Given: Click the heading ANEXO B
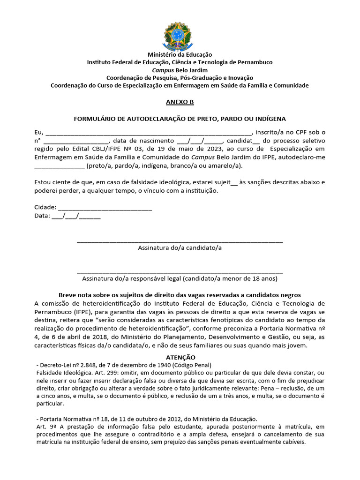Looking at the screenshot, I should (x=180, y=102).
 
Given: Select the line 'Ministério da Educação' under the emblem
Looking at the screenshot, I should (x=180, y=55).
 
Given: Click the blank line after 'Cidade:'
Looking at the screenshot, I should (x=104, y=208).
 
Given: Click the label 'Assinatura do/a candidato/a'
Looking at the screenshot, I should (x=180, y=248).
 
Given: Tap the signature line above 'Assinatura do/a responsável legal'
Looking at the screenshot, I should (x=180, y=272).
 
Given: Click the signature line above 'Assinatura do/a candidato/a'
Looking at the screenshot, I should (x=180, y=241).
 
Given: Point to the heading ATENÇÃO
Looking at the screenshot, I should (x=180, y=357).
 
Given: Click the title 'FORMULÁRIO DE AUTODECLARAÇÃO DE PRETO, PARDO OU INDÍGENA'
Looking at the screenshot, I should (x=180, y=119).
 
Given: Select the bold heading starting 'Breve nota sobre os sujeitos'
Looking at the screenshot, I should (x=180, y=295).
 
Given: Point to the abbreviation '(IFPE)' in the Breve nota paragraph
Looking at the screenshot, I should (x=83, y=312).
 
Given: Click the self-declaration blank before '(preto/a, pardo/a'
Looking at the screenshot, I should (x=60, y=166).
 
